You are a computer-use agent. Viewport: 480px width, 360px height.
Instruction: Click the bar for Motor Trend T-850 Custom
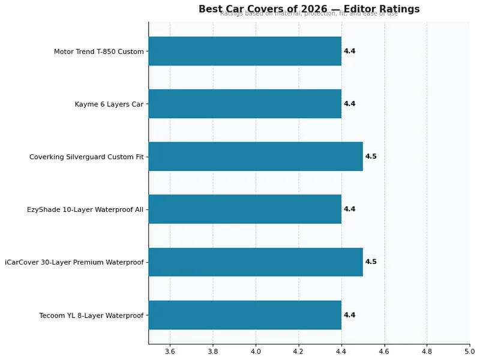[x=245, y=51]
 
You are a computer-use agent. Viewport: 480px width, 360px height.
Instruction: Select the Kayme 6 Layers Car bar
[x=245, y=104]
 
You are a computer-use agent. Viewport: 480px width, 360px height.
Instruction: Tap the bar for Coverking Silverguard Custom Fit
[x=256, y=157]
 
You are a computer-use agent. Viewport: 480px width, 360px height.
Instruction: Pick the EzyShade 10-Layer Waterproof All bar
[x=245, y=209]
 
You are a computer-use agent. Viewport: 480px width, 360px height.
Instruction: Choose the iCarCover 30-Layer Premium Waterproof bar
[x=256, y=262]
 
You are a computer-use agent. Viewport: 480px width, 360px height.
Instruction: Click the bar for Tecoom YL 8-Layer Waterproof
[x=245, y=315]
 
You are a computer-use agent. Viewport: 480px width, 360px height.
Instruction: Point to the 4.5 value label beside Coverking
[x=371, y=157]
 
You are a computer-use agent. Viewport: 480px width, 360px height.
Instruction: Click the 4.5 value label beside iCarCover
[x=371, y=262]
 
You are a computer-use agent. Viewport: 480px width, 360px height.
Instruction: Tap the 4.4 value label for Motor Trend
[x=349, y=51]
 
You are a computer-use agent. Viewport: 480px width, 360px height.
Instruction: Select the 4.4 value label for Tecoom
[x=349, y=315]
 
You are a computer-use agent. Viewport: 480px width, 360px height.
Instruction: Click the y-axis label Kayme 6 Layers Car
[x=109, y=104]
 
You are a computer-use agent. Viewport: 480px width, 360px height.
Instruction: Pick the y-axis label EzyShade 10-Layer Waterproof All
[x=85, y=209]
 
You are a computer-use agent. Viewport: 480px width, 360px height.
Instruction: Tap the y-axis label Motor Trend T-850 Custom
[x=98, y=52]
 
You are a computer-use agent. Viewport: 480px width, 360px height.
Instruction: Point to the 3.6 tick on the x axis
[x=170, y=352]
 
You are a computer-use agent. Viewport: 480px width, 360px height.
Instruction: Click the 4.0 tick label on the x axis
[x=256, y=352]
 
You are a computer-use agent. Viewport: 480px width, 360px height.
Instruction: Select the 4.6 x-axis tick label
[x=384, y=352]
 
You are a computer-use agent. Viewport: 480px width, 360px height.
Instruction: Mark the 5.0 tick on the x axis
[x=469, y=352]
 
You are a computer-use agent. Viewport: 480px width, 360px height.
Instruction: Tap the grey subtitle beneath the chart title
[x=309, y=14]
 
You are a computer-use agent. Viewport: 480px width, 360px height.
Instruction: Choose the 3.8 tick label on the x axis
[x=213, y=352]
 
